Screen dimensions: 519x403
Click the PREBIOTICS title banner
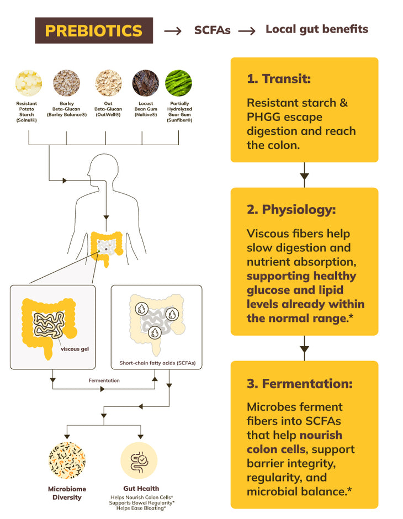click(94, 30)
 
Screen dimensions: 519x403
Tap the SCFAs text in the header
click(212, 30)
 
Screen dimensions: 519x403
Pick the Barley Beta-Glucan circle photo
click(66, 83)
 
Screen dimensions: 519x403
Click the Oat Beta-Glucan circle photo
click(108, 83)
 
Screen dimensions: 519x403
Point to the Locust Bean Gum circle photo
click(146, 83)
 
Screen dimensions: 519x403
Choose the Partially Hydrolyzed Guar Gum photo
click(178, 83)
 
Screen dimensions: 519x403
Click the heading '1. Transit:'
click(279, 79)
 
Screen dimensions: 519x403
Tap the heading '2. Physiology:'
click(291, 210)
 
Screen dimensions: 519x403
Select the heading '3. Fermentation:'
click(299, 383)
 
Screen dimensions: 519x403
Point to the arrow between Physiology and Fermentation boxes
click(304, 348)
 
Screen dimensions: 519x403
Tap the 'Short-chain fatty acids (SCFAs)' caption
click(157, 363)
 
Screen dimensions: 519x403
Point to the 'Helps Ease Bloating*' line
click(141, 508)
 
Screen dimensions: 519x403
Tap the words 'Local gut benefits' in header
click(316, 29)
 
